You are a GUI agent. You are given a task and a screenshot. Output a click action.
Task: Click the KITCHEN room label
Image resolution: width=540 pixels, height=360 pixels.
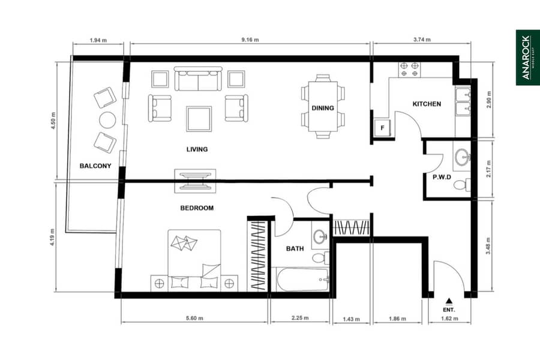[x=427, y=104]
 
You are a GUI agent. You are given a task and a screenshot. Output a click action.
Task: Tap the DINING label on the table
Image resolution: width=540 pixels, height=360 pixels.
[x=323, y=108]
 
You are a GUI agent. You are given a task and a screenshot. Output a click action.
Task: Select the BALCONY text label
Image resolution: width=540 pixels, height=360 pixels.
[x=95, y=166]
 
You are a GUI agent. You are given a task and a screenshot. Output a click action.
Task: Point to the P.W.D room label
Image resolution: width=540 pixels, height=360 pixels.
[x=442, y=177]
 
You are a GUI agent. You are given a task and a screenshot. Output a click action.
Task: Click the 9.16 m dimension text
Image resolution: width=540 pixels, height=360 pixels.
[x=250, y=40]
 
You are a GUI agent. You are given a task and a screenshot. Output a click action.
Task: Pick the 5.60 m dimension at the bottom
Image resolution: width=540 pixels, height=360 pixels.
[x=194, y=318]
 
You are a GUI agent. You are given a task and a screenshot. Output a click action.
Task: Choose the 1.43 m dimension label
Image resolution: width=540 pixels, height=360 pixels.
[x=351, y=319]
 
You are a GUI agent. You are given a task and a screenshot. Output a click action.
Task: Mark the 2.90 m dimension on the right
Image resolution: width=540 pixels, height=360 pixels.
[x=489, y=100]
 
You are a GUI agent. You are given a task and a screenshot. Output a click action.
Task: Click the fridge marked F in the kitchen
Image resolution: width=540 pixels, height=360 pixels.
[x=382, y=128]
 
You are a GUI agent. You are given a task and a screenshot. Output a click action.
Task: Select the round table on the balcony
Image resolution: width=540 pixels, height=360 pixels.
[x=107, y=120]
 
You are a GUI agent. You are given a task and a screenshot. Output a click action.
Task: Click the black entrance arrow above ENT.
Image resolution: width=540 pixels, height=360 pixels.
[x=449, y=301]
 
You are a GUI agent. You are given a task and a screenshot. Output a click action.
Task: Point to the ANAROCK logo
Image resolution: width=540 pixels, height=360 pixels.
[x=527, y=58]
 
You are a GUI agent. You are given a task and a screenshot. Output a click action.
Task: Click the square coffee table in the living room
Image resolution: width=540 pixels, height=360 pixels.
[x=199, y=119]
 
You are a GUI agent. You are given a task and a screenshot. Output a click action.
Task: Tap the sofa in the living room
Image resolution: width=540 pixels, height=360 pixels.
[x=198, y=79]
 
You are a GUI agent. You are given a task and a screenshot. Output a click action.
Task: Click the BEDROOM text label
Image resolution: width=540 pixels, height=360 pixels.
[x=197, y=208]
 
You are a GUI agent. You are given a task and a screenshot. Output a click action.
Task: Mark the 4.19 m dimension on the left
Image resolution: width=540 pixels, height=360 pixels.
[x=52, y=237]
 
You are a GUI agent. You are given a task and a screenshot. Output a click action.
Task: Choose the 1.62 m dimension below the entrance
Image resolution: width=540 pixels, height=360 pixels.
[x=450, y=319]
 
